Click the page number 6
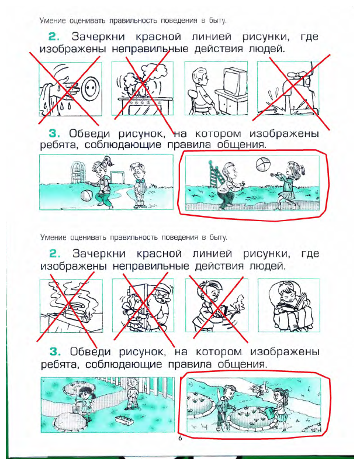pos(180,438)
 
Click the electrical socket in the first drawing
pos(89,88)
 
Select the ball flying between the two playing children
pos(263,164)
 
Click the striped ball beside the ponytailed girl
pos(88,197)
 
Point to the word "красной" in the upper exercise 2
pos(158,37)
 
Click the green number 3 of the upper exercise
pos(54,134)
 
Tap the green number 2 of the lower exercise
pos(55,254)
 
